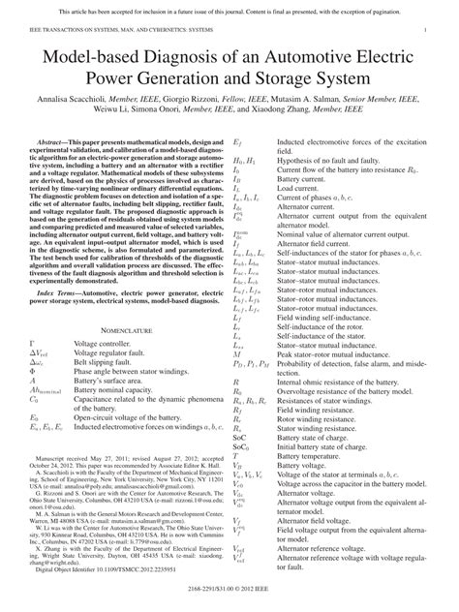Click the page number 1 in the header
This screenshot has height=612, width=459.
[x=427, y=31]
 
